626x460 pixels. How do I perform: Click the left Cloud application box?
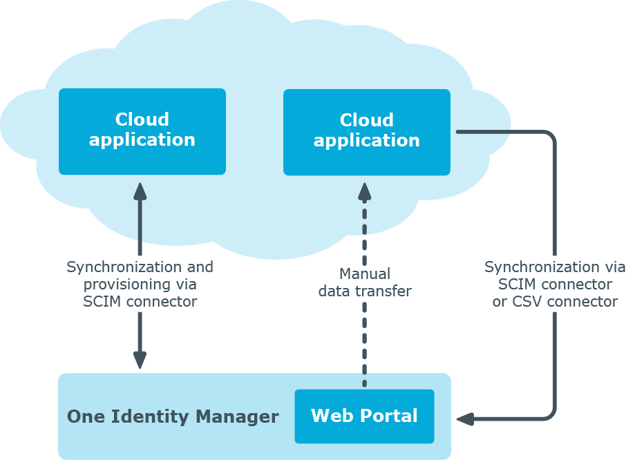tap(142, 131)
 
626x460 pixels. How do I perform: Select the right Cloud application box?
tap(366, 132)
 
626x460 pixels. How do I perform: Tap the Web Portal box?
tap(364, 416)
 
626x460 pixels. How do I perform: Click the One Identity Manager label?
tap(173, 416)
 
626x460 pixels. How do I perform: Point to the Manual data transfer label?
tap(365, 282)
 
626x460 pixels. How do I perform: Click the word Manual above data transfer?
tap(365, 274)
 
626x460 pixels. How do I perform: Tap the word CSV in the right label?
tap(527, 302)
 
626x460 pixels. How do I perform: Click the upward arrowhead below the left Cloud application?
tap(140, 191)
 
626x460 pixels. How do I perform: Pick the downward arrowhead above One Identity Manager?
tap(140, 361)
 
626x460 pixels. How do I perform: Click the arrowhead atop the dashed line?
tap(365, 191)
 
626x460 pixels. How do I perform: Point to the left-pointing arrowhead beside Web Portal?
tap(465, 419)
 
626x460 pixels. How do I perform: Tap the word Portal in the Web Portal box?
tap(388, 416)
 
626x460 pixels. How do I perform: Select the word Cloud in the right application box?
tap(366, 120)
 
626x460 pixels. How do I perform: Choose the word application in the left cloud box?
tap(142, 140)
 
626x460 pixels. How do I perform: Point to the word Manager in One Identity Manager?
tap(237, 417)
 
